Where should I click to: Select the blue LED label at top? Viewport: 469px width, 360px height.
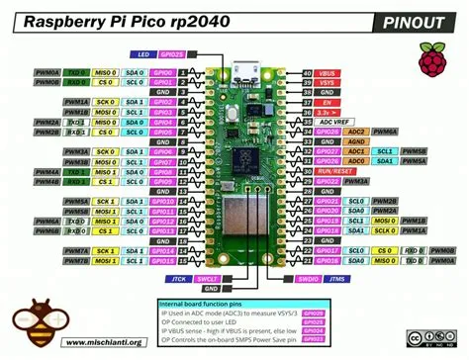[142, 54]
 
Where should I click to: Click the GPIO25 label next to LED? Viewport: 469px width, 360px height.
[173, 54]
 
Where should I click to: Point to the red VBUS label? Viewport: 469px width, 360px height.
[328, 74]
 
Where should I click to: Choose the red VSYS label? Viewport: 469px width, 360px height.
[328, 84]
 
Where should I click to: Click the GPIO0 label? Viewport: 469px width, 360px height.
[164, 73]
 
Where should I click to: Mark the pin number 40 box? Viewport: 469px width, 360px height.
[307, 74]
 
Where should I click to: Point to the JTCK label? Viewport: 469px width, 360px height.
[170, 280]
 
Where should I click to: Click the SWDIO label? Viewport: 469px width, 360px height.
[308, 280]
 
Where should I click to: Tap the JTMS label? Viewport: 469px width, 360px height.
[336, 280]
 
